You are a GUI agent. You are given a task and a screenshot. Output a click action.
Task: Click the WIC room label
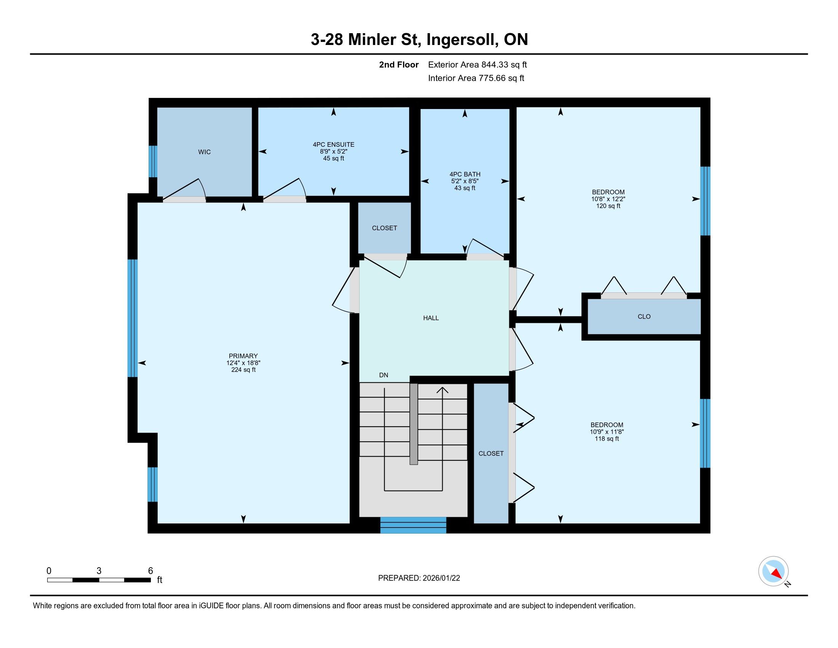click(204, 152)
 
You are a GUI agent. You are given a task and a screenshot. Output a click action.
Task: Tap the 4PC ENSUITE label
click(333, 145)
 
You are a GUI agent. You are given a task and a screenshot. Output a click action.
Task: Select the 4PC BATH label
click(465, 174)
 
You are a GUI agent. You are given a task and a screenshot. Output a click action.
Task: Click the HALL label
click(431, 318)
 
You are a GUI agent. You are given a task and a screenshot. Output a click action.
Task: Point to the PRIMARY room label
click(243, 356)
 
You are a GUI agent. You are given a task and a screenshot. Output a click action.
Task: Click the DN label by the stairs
click(384, 375)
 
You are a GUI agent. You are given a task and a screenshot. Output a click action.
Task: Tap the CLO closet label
click(644, 316)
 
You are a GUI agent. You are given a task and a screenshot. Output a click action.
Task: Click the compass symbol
click(773, 571)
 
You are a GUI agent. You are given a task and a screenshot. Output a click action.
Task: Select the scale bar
click(99, 580)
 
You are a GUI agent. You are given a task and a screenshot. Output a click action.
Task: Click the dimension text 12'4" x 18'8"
click(243, 363)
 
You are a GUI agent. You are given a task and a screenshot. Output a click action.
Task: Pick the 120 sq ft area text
click(608, 206)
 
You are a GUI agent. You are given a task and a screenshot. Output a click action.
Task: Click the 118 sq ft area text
click(607, 438)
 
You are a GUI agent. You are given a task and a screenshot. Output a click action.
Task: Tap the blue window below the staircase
click(413, 525)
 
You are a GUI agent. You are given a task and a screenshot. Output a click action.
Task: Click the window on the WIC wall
click(153, 161)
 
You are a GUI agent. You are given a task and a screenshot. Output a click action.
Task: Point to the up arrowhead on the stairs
click(442, 390)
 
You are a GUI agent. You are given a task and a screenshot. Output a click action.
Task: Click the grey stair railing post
click(414, 424)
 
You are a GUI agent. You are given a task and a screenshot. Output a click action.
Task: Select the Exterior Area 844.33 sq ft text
click(478, 65)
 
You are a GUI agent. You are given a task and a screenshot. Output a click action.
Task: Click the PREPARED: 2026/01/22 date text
click(419, 578)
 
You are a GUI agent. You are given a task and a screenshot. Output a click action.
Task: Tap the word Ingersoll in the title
click(460, 40)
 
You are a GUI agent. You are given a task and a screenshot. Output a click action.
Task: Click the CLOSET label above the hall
click(384, 228)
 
